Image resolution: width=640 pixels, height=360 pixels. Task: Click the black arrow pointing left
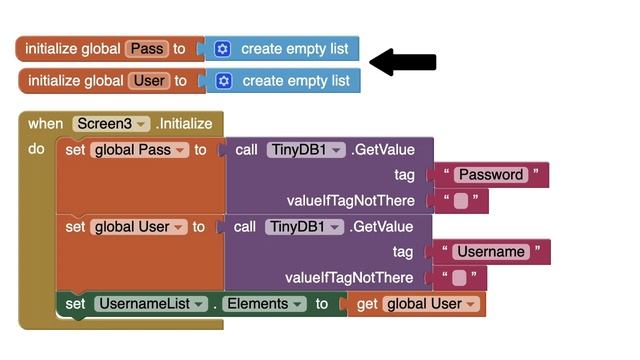coord(402,63)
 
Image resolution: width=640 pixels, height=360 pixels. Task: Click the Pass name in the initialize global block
coord(148,48)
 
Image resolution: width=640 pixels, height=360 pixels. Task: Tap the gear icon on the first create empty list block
coord(222,48)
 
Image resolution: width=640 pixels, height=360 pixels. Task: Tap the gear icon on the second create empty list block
coord(224,81)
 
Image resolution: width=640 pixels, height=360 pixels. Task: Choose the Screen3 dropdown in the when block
coord(110,124)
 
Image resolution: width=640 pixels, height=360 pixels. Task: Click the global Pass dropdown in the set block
coord(139,150)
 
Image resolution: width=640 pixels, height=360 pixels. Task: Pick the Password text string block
coord(490,175)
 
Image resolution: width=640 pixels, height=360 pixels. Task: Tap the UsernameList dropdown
coord(151,304)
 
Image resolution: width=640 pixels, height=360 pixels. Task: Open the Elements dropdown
coord(262,304)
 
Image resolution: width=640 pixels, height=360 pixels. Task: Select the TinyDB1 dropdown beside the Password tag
coord(306,150)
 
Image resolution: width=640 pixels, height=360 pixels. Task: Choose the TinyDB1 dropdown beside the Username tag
coord(306,227)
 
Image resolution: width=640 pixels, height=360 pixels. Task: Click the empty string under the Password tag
coord(460,201)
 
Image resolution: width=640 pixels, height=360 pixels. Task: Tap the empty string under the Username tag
coord(460,278)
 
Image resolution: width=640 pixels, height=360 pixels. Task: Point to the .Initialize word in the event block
coord(184,124)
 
